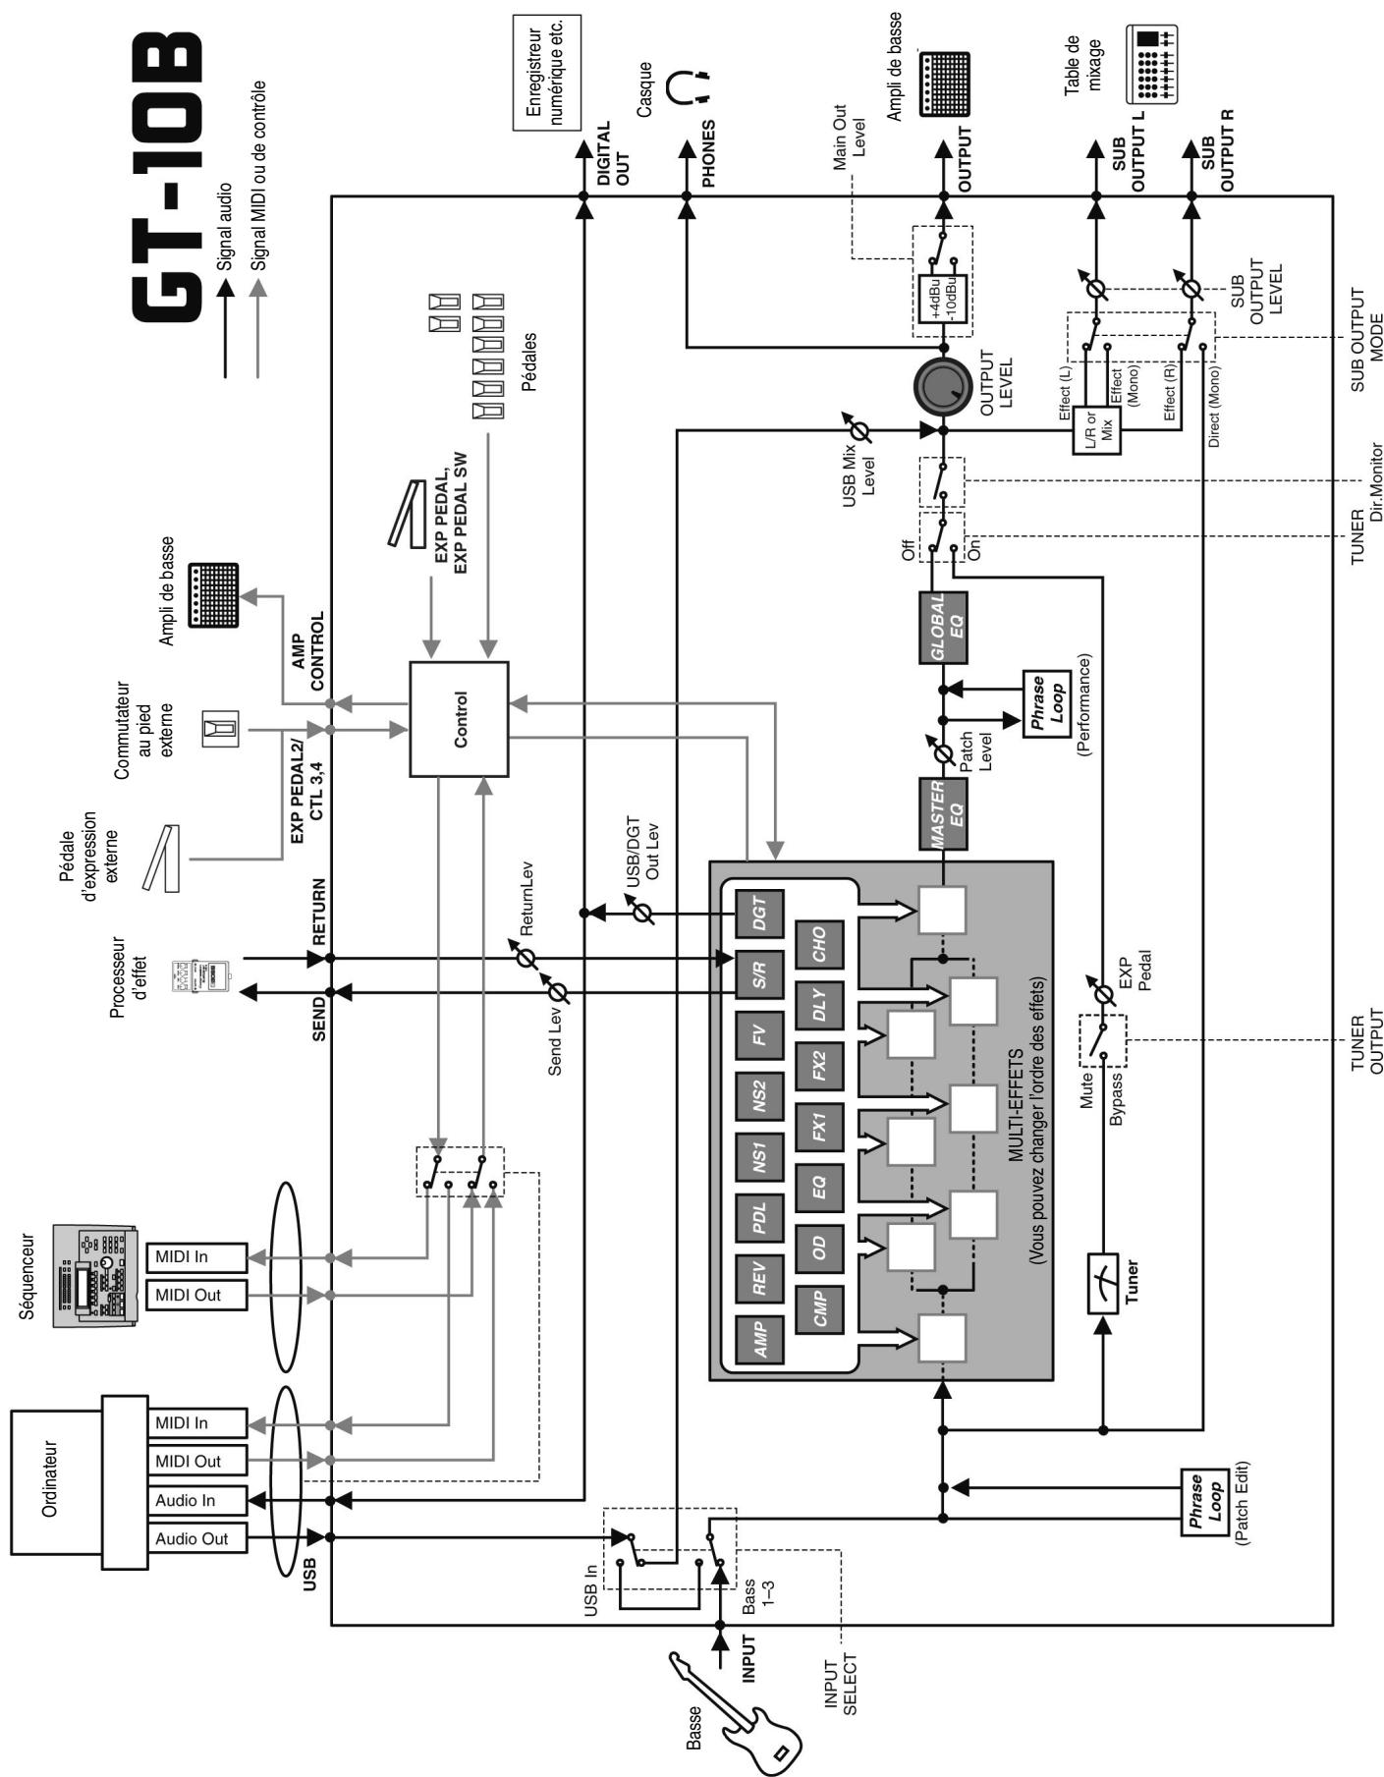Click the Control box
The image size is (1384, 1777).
coord(459,719)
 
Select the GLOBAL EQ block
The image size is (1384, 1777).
coord(942,628)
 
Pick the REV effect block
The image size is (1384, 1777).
coord(760,1278)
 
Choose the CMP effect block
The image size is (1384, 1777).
coord(819,1309)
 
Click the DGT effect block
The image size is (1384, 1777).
coord(760,915)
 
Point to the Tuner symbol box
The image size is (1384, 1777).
coord(1104,1284)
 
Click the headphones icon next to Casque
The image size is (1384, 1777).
coord(687,87)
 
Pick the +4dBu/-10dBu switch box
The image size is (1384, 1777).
coord(942,300)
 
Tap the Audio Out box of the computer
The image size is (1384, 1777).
coord(196,1539)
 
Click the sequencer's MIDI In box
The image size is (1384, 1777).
coord(196,1257)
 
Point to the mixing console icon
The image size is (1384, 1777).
coord(1150,65)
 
